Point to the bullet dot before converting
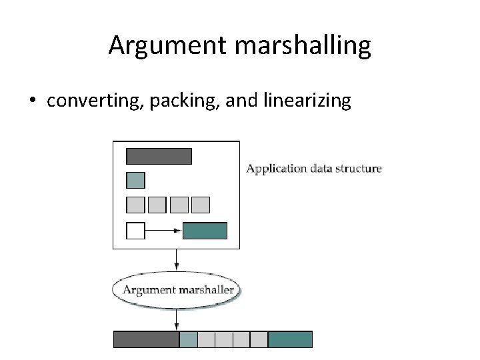tap(32, 101)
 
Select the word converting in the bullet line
tap(94, 101)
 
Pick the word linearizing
tap(307, 101)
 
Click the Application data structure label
tap(314, 168)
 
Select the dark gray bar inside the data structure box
tap(159, 156)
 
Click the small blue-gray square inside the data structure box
tap(135, 180)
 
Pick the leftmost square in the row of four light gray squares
tap(135, 205)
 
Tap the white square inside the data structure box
tap(135, 231)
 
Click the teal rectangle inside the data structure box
tap(205, 231)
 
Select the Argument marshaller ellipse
tap(177, 290)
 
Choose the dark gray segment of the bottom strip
tap(146, 339)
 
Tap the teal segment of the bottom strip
tap(290, 339)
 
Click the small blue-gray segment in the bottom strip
tap(189, 339)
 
